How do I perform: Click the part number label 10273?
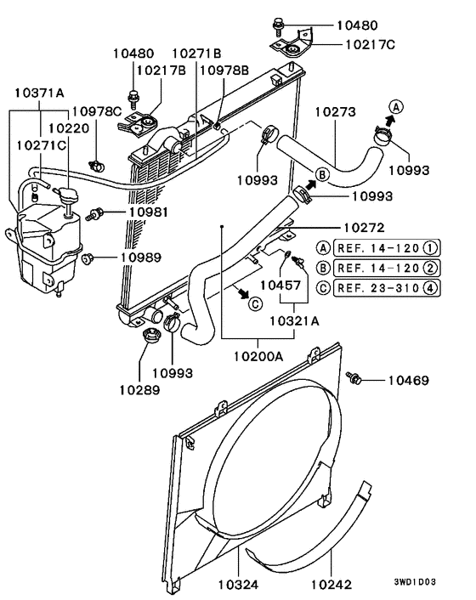335,112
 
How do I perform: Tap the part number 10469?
409,381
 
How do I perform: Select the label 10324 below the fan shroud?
238,585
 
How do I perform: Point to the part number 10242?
331,585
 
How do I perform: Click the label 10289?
139,390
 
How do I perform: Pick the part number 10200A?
258,357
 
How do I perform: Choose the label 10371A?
39,93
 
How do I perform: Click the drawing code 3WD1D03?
415,582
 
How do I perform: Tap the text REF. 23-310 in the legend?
378,288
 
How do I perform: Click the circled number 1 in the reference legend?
430,248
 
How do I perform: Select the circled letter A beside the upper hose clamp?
396,107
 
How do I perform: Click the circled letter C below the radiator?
256,304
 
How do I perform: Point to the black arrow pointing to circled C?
242,292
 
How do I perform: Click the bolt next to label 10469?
354,377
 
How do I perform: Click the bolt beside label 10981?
94,214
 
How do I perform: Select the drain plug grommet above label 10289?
151,336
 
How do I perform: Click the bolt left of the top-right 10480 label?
278,25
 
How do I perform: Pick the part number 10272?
364,228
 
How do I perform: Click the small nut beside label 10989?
88,258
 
